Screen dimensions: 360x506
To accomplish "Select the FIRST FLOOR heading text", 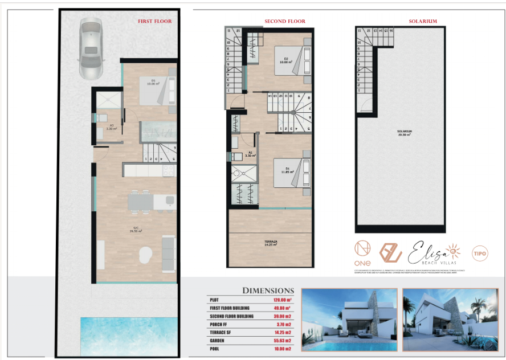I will coord(154,22).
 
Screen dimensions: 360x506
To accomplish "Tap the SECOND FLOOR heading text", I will coord(284,22).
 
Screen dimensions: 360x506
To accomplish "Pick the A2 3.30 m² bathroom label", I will coord(112,127).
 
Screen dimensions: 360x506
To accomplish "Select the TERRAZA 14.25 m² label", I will coord(271,243).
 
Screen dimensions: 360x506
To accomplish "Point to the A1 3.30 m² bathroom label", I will coord(250,154).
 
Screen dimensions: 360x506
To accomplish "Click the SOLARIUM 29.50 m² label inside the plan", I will coord(405,133).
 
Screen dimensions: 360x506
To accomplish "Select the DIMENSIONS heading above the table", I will coord(268,291).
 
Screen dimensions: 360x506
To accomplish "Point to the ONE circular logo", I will coord(362,253).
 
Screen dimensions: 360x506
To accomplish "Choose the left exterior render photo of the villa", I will coord(349,320).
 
